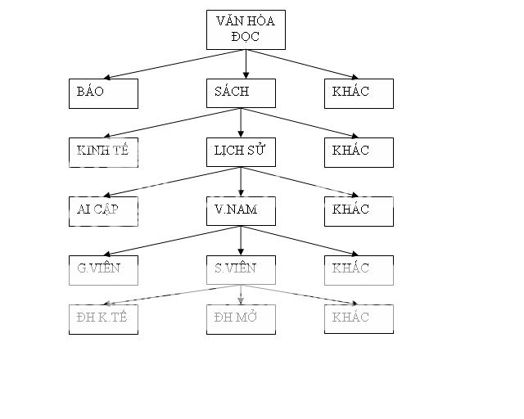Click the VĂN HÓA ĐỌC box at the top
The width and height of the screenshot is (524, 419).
[x=245, y=31]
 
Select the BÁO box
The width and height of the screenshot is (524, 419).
[x=102, y=93]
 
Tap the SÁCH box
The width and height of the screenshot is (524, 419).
[x=240, y=93]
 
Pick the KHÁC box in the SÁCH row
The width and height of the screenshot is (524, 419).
[x=358, y=93]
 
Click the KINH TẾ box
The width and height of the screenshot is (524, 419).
[x=102, y=152]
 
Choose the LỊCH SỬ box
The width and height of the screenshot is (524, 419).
[x=240, y=152]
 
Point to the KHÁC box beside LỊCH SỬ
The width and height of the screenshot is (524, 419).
[x=358, y=152]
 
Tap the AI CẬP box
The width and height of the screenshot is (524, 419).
[x=102, y=211]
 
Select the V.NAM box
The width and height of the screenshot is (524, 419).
[x=240, y=211]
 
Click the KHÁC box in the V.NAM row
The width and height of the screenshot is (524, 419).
[x=358, y=211]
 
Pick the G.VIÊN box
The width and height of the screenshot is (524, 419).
[x=102, y=270]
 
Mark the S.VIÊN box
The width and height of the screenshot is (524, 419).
[x=240, y=270]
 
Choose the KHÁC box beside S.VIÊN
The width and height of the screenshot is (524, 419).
[x=358, y=270]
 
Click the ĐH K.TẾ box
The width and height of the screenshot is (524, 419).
[x=102, y=319]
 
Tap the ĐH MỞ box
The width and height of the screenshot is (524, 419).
[x=240, y=319]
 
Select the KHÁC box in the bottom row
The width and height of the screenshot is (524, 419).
[x=358, y=319]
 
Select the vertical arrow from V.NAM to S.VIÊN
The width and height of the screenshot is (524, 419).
[x=240, y=240]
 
